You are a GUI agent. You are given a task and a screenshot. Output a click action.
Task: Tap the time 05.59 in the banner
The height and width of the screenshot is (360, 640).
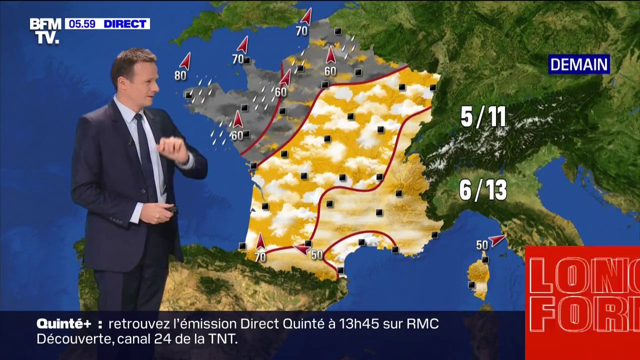82,24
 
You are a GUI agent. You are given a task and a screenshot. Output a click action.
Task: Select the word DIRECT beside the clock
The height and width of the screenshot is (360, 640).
125,24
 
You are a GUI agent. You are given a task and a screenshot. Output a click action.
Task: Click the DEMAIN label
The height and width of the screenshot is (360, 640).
579,64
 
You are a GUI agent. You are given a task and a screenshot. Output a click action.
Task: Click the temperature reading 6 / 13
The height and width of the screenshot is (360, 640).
483,190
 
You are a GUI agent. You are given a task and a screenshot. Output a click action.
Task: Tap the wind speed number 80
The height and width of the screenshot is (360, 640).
180,76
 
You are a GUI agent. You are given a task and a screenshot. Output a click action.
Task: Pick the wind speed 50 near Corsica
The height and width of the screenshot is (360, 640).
481,245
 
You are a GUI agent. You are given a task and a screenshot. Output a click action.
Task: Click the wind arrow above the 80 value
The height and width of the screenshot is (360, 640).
185,61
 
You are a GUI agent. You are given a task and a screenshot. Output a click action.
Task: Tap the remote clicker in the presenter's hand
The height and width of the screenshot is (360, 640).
171,209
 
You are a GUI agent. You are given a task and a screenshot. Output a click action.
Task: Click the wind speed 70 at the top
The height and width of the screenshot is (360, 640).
301,31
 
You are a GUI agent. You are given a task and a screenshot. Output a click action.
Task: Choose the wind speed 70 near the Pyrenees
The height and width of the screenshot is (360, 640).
260,257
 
